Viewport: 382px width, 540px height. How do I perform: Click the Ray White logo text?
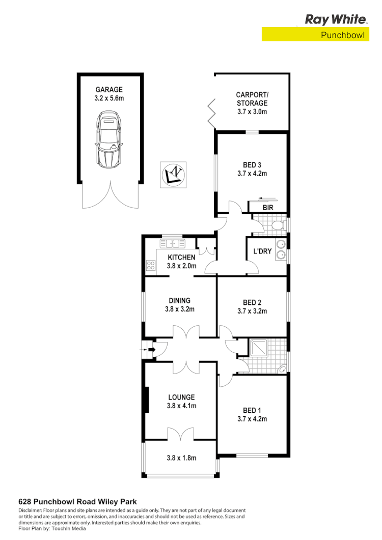336,19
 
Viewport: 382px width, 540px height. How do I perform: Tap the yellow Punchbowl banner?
315,35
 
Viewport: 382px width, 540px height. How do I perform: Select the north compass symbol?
174,174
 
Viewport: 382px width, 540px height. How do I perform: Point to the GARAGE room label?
109,90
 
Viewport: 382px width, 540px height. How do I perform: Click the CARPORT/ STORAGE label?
252,99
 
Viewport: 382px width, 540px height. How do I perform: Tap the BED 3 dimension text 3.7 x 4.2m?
252,173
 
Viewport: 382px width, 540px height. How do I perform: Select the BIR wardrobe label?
268,208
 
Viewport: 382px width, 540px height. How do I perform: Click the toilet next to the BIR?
278,224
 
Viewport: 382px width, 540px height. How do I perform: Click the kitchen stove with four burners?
151,265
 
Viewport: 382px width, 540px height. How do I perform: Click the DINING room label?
180,300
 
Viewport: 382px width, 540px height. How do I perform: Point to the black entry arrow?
150,350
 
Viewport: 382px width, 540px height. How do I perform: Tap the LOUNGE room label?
181,397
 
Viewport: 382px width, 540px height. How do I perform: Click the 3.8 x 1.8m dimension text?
181,458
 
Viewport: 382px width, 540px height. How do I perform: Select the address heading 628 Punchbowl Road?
77,501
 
